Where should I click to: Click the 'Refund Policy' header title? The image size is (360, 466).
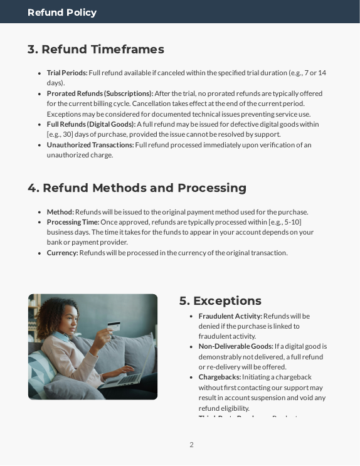coord(62,13)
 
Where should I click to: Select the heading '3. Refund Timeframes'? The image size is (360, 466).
coord(96,50)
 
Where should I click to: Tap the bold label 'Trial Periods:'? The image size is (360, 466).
coord(67,73)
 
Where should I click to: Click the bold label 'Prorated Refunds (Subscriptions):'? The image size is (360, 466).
coord(100,93)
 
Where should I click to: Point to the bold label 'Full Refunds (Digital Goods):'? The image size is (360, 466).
coord(91,124)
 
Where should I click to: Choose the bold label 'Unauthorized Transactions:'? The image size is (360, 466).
coord(90,145)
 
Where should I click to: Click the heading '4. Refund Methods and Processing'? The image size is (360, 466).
coord(137,188)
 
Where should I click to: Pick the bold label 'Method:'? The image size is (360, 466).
coord(60,212)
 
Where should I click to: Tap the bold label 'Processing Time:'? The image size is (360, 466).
coord(73,222)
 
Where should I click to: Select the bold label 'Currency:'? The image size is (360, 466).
coord(62,253)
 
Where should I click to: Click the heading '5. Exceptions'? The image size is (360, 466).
coord(220,301)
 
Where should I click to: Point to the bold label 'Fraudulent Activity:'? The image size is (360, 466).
coord(230,316)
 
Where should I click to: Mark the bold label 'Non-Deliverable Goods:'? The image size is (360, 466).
coord(236,346)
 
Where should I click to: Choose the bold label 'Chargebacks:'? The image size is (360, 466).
coord(220,377)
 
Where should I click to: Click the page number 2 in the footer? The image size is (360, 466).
coord(191,445)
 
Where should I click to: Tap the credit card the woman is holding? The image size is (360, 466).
coord(114,327)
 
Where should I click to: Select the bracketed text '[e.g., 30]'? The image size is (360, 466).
coord(65,134)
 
